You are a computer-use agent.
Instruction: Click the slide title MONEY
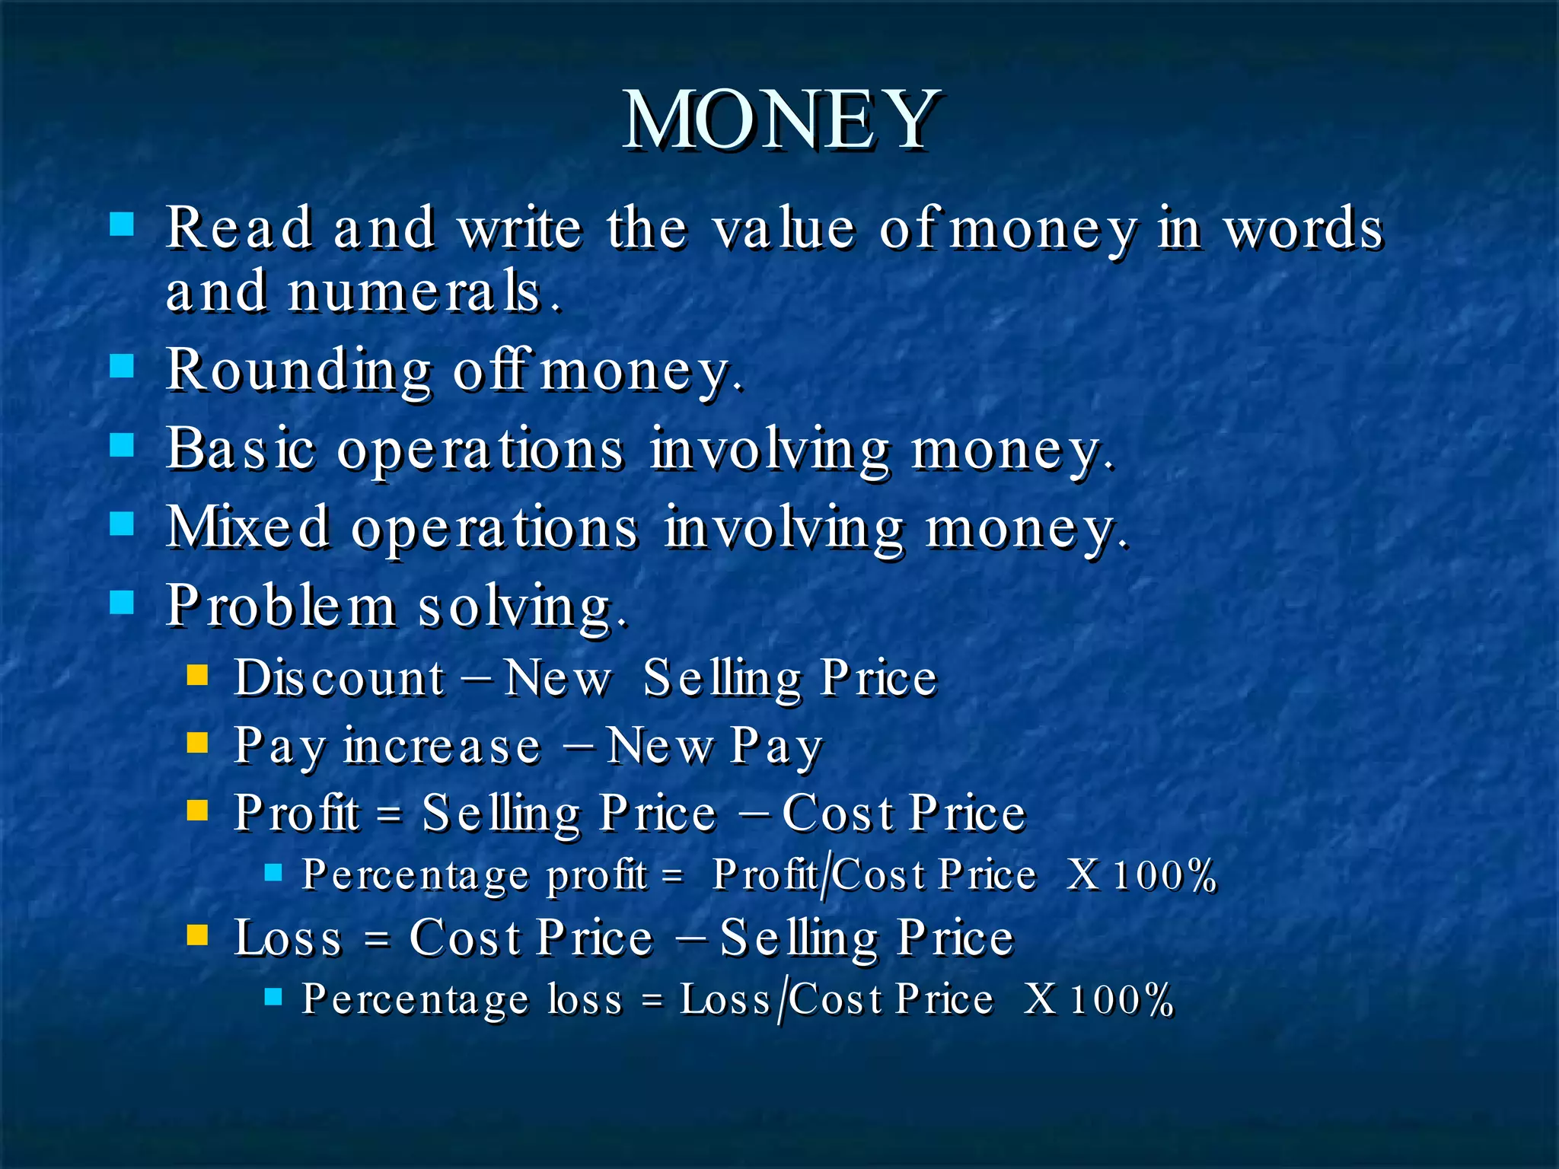[x=781, y=120]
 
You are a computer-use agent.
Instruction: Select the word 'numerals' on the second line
[x=415, y=292]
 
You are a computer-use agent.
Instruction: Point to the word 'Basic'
[x=241, y=449]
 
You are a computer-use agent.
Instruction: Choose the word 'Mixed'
[x=248, y=527]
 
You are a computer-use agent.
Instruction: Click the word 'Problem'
[x=281, y=607]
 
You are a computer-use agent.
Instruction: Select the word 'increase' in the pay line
[x=442, y=745]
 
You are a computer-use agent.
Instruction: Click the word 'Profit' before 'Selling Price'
[x=297, y=813]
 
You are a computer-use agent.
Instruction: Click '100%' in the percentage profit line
[x=1164, y=875]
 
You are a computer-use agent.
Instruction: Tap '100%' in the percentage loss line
[x=1121, y=999]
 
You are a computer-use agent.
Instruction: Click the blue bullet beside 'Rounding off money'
[x=122, y=366]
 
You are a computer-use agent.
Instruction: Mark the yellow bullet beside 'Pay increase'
[x=197, y=742]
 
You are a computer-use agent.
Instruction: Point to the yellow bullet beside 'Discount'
[x=197, y=674]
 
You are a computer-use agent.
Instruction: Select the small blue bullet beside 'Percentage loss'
[x=273, y=996]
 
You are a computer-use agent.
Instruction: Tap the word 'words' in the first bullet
[x=1303, y=228]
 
